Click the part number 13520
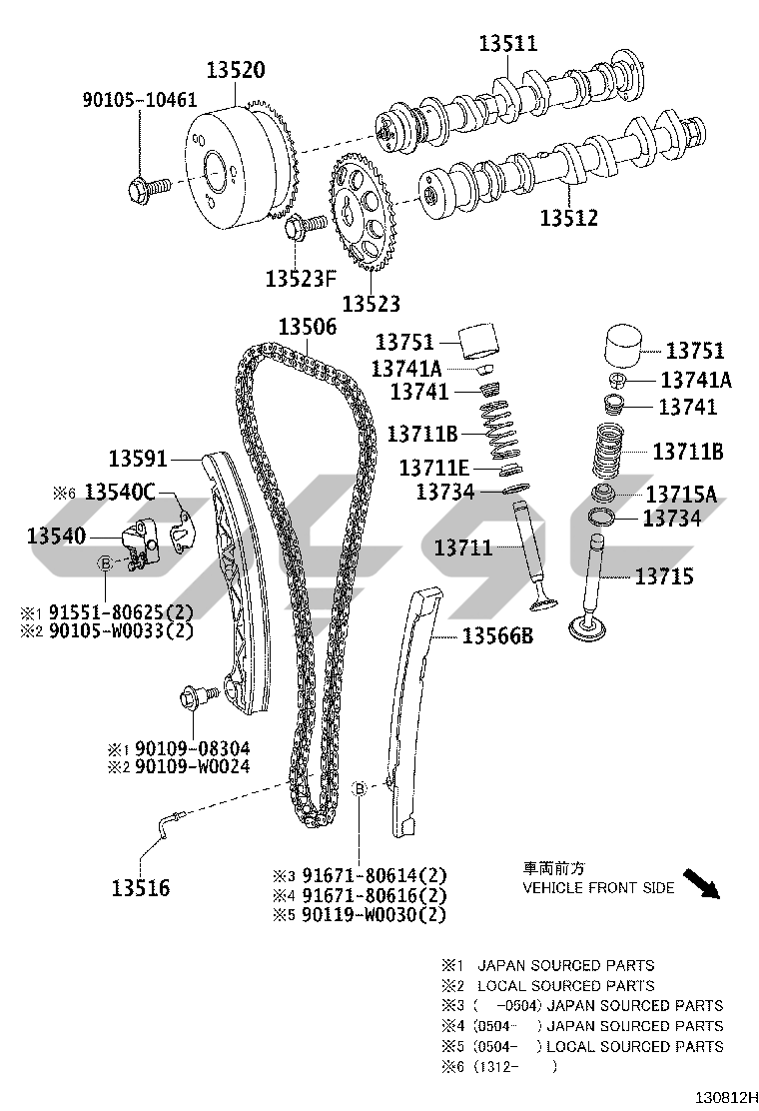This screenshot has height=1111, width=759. point(236,70)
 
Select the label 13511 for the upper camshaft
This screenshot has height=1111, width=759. point(507,43)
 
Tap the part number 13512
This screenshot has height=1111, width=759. point(568,218)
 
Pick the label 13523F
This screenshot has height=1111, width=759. point(301,279)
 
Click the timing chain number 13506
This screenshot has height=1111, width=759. point(308,327)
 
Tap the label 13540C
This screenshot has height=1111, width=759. point(120,491)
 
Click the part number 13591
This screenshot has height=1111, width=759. point(138,459)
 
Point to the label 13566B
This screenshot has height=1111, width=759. point(497,635)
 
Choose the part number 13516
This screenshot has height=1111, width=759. point(141,887)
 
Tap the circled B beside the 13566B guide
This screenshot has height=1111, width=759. point(359,788)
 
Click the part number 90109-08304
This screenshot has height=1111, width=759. point(192,748)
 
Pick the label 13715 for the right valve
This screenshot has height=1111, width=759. point(664,576)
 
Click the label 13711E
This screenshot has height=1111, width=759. point(434,468)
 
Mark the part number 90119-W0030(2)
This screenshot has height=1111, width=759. point(374,915)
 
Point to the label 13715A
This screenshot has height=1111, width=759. point(681,494)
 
